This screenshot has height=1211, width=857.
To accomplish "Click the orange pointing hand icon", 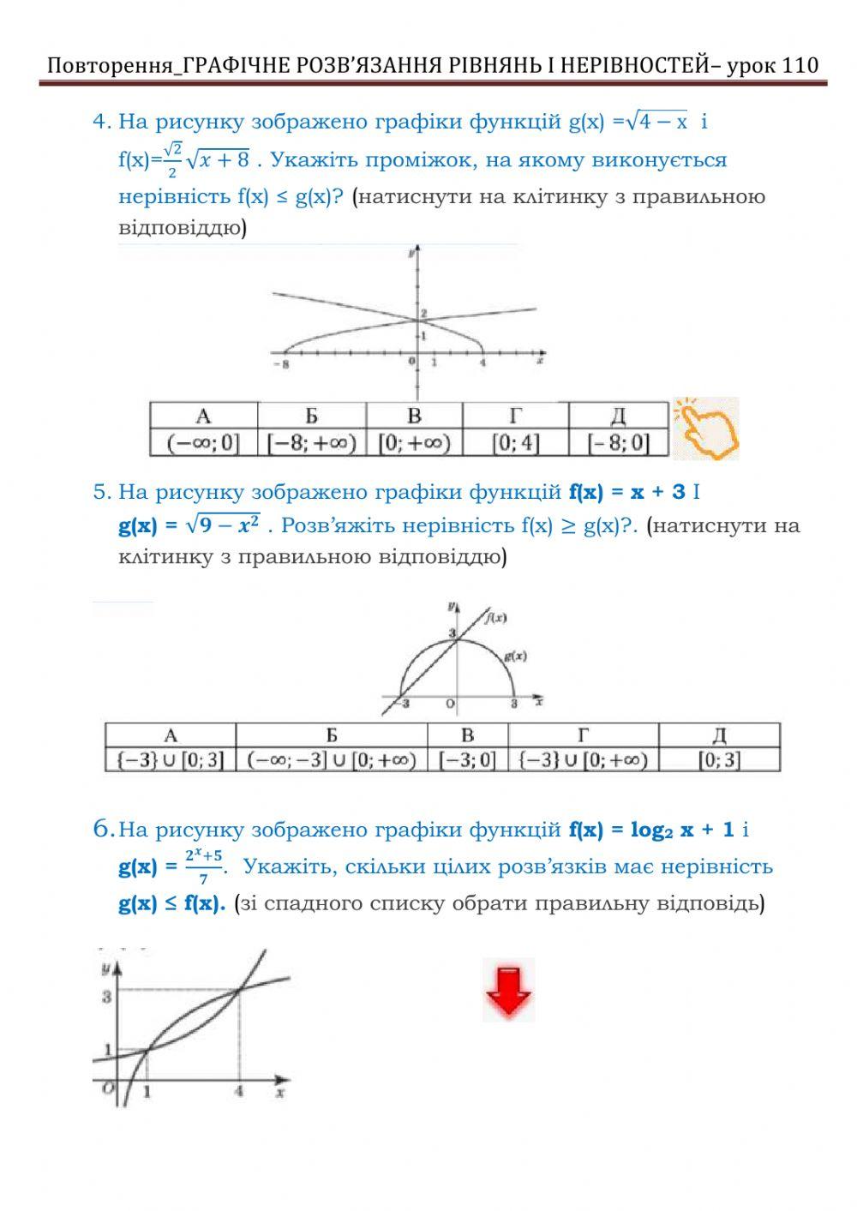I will pyautogui.click(x=705, y=427).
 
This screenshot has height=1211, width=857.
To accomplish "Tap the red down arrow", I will pyautogui.click(x=508, y=991).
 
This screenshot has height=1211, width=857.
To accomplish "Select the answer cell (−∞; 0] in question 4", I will pyautogui.click(x=203, y=443).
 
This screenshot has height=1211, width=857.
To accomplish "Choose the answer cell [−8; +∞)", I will pyautogui.click(x=311, y=443).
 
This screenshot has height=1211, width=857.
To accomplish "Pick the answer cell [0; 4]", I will pyautogui.click(x=515, y=443).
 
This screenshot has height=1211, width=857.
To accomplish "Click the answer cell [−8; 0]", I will pyautogui.click(x=618, y=443).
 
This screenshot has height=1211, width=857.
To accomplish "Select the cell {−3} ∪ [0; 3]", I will pyautogui.click(x=170, y=759).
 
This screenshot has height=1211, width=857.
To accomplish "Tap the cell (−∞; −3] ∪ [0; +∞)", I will pyautogui.click(x=331, y=759).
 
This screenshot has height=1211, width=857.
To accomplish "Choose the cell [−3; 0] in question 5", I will pyautogui.click(x=467, y=759).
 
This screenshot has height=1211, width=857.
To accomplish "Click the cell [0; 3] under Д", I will pyautogui.click(x=719, y=759).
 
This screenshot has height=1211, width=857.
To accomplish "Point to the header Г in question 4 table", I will pyautogui.click(x=515, y=417).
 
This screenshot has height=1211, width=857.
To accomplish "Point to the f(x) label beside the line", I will pyautogui.click(x=494, y=617).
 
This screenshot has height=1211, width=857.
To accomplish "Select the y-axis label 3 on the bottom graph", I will pyautogui.click(x=107, y=997).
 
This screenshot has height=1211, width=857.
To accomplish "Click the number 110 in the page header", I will pyautogui.click(x=800, y=65).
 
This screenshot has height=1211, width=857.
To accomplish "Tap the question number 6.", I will pyautogui.click(x=103, y=829).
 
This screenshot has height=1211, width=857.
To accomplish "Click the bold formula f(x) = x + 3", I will pyautogui.click(x=627, y=492).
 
